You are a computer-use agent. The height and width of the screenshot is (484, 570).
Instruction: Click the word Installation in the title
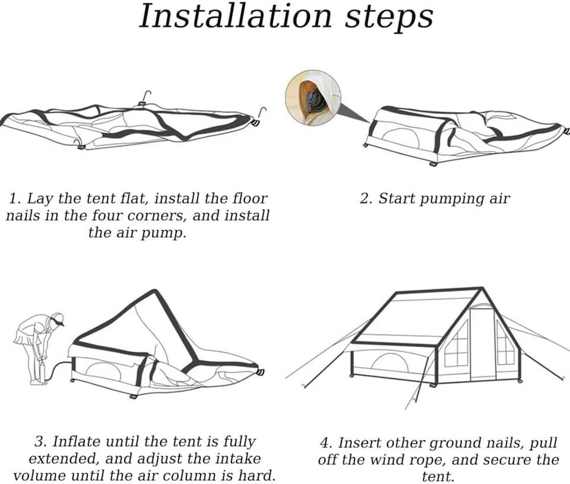236,16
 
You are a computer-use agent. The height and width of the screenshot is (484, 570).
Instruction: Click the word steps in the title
389,18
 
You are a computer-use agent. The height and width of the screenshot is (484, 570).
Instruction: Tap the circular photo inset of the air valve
313,98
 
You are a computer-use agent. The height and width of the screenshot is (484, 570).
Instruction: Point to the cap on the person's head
58,318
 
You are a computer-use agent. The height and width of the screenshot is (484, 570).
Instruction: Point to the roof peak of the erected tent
483,289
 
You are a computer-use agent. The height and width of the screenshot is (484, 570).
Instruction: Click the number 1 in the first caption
14,199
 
